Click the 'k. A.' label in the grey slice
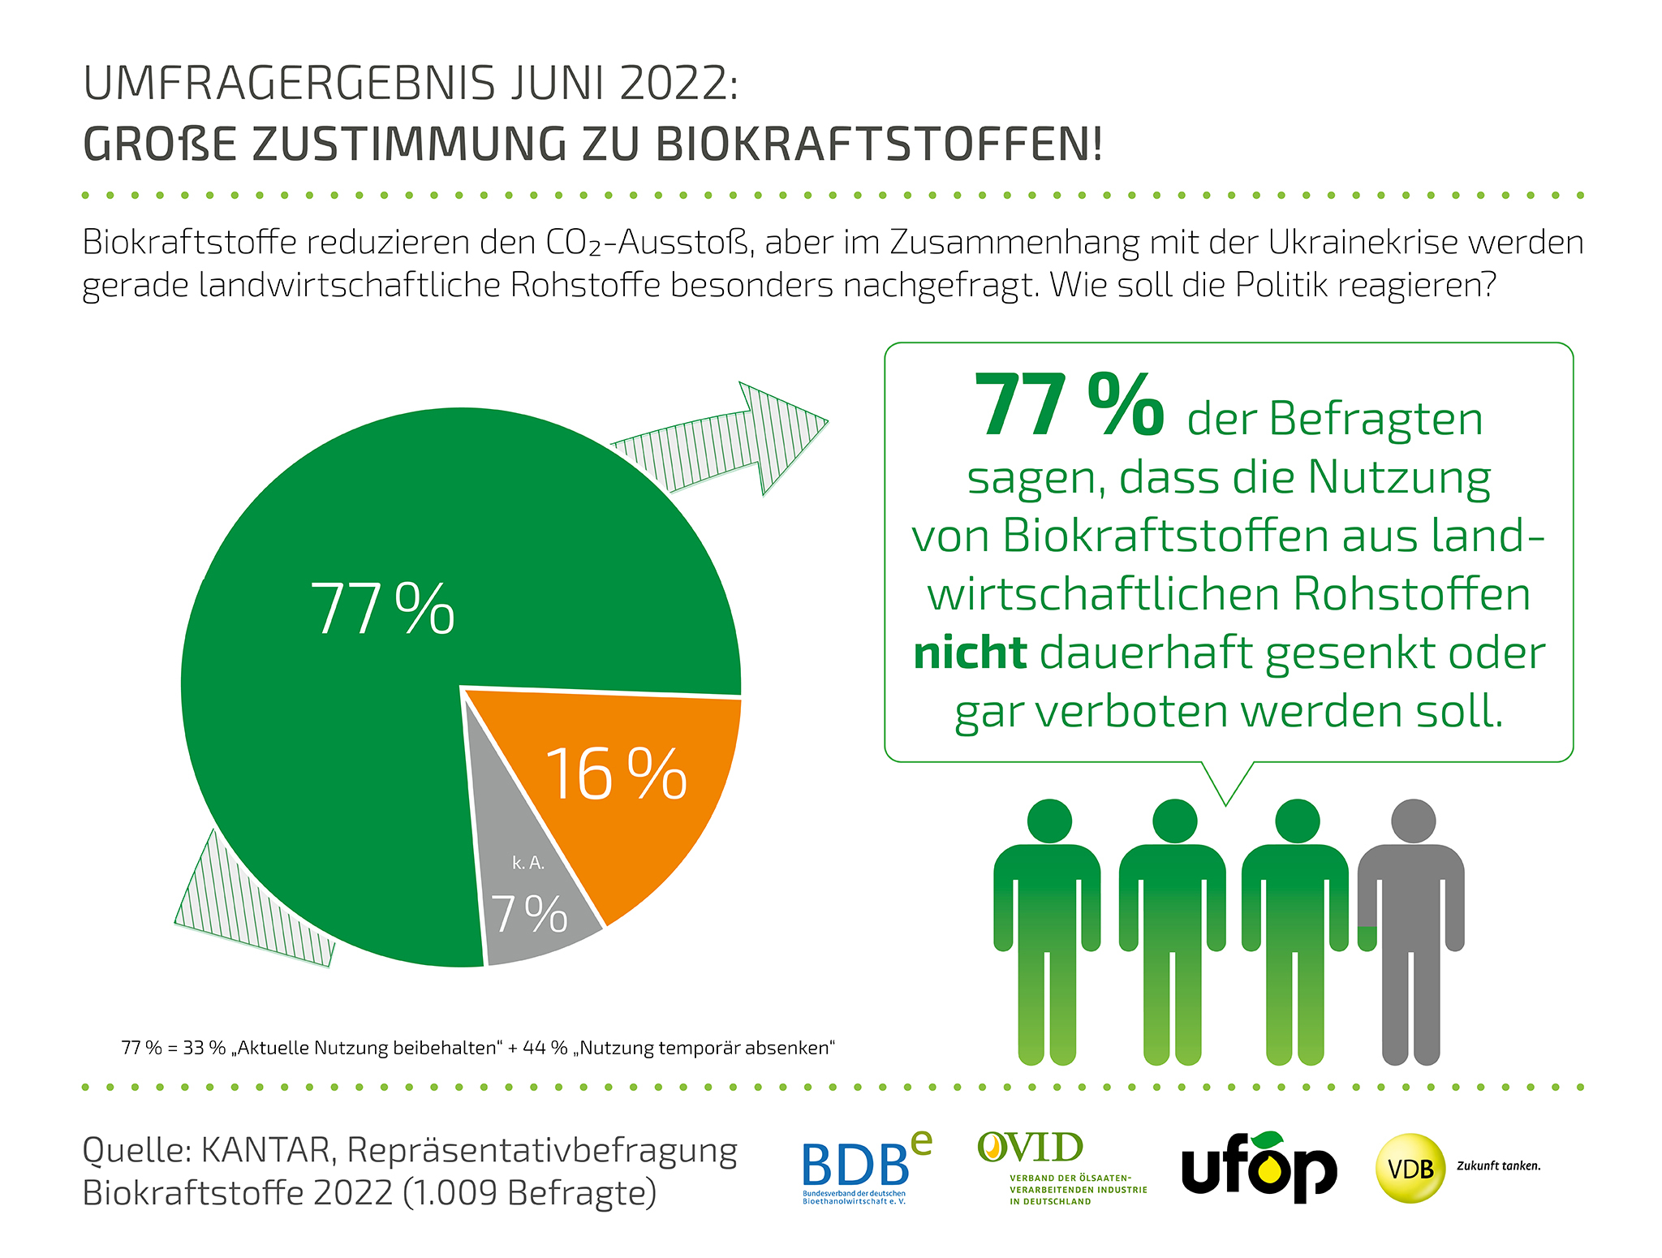click(528, 863)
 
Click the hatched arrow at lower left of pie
click(243, 909)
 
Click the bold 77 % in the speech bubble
click(1068, 405)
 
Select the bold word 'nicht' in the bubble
click(970, 653)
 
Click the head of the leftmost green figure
click(1049, 821)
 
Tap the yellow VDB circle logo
click(1410, 1168)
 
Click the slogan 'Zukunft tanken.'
click(1498, 1165)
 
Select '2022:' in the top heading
click(679, 84)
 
